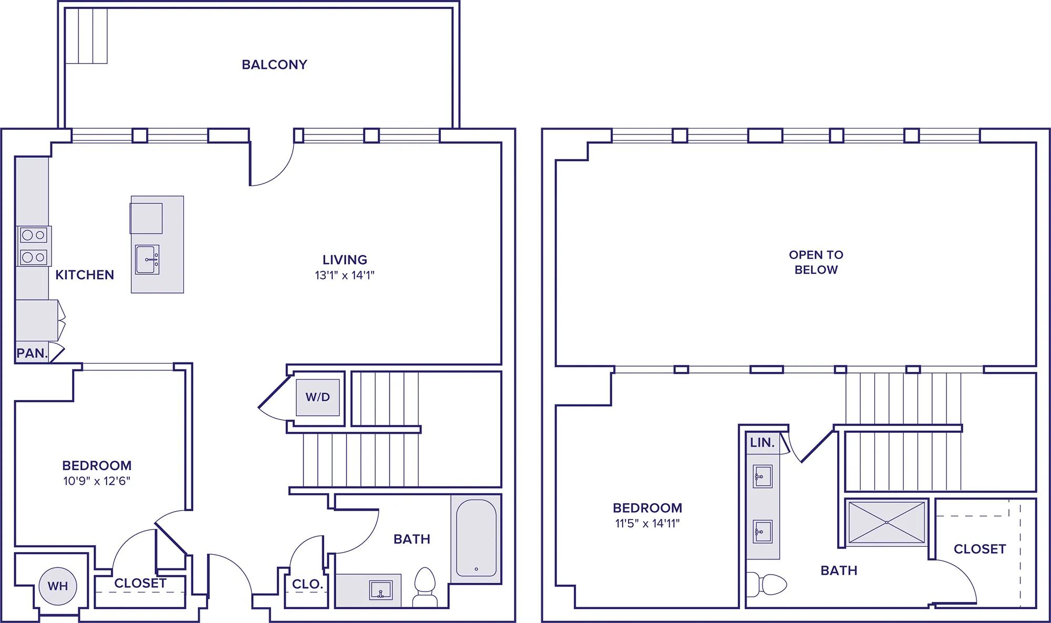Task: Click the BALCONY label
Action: point(274,65)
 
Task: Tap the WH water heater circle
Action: point(58,586)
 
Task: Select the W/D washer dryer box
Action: point(317,397)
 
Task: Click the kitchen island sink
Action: point(147,259)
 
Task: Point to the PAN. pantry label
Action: point(33,353)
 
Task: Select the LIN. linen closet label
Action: point(762,443)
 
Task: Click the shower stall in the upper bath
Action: point(887,522)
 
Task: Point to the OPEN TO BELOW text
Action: point(816,262)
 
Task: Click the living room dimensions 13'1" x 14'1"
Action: point(345,275)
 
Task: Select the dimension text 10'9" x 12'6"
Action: point(97,481)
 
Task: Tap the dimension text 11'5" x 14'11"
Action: point(647,523)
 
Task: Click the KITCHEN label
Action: point(85,275)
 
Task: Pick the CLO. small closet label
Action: point(307,584)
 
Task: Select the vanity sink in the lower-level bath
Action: point(381,590)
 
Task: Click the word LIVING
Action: point(345,259)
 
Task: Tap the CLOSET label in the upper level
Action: point(980,549)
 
